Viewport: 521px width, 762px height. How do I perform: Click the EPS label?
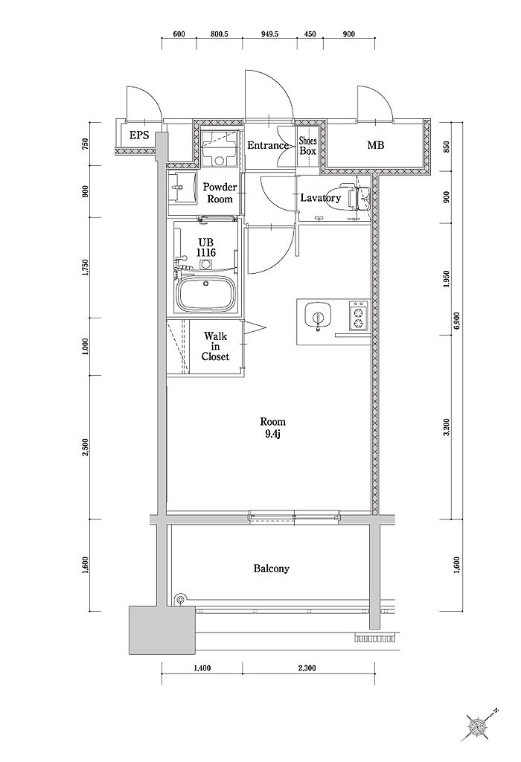click(x=139, y=135)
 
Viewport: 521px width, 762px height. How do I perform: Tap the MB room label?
click(x=375, y=145)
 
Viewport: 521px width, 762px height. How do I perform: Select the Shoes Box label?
click(x=307, y=146)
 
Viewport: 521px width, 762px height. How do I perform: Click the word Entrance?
click(x=268, y=145)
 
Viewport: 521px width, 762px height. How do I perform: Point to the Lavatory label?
click(x=321, y=198)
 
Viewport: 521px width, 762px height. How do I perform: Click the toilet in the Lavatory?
click(x=357, y=198)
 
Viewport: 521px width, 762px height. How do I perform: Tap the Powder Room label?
click(x=220, y=193)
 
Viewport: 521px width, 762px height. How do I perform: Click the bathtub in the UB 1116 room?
click(x=206, y=295)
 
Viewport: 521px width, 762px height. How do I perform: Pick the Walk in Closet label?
click(x=215, y=346)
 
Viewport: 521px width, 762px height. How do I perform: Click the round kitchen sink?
click(x=318, y=316)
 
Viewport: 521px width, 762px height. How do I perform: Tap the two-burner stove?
click(x=359, y=316)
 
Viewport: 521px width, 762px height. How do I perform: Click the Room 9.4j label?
click(x=272, y=428)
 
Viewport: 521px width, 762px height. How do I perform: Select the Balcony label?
click(x=271, y=568)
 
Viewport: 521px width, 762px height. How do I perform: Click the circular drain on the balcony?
click(x=181, y=599)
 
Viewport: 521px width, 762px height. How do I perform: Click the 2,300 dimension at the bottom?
click(x=306, y=668)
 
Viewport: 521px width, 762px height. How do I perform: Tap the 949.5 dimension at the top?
click(x=269, y=34)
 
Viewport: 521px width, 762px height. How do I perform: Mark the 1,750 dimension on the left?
click(x=86, y=267)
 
